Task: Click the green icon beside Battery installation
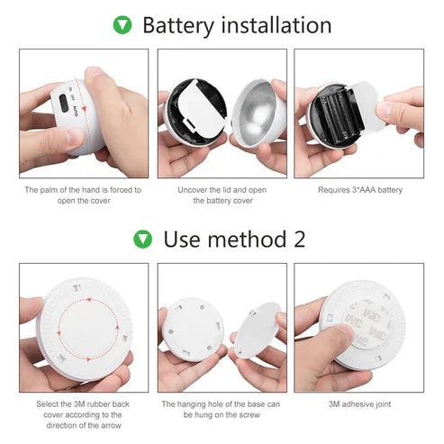pyautogui.click(x=122, y=25)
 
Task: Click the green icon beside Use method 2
pyautogui.click(x=142, y=239)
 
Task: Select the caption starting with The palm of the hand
pyautogui.click(x=83, y=195)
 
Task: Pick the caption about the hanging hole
pyautogui.click(x=222, y=410)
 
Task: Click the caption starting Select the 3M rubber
pyautogui.click(x=83, y=410)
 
